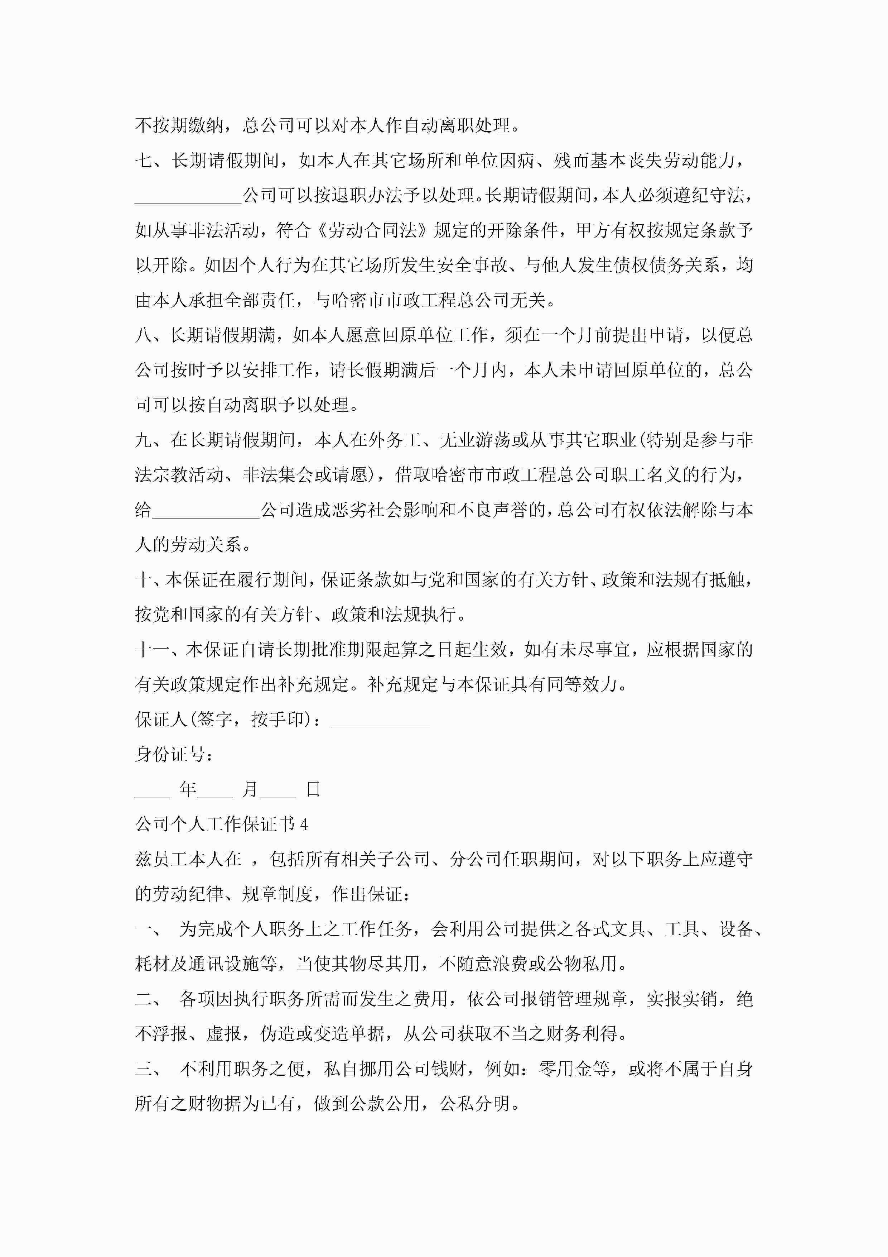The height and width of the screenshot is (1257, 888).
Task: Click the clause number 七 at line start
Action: [x=144, y=161]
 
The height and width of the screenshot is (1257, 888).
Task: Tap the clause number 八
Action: [x=144, y=335]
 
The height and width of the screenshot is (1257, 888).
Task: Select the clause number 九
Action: [x=144, y=440]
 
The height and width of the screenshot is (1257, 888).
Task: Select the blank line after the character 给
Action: [x=206, y=512]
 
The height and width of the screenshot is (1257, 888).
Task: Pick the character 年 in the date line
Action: [x=188, y=789]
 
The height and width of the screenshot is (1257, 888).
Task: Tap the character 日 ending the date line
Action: [x=313, y=789]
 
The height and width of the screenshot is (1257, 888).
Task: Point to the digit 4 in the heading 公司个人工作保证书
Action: [x=304, y=825]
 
